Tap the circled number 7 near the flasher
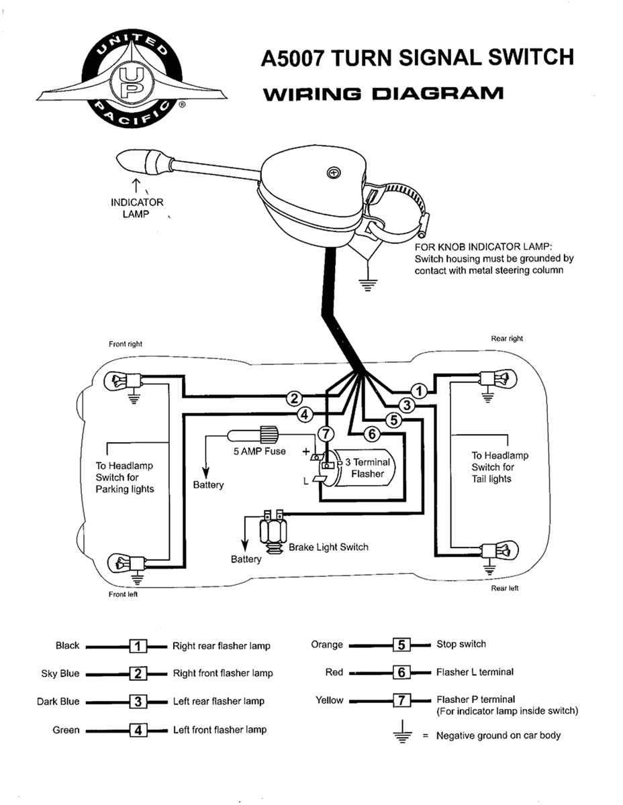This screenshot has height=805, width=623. (325, 433)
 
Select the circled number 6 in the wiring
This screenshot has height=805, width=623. (371, 434)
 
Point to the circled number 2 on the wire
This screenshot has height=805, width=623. (293, 398)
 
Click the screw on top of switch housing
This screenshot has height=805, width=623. (332, 173)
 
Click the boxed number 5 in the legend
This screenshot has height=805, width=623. (401, 645)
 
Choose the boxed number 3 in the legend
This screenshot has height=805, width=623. (138, 702)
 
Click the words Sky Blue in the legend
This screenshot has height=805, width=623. (60, 674)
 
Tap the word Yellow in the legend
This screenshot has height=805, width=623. (329, 700)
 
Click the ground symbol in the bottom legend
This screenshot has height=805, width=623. (401, 733)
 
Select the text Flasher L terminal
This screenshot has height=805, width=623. (475, 672)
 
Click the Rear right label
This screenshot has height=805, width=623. (507, 339)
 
